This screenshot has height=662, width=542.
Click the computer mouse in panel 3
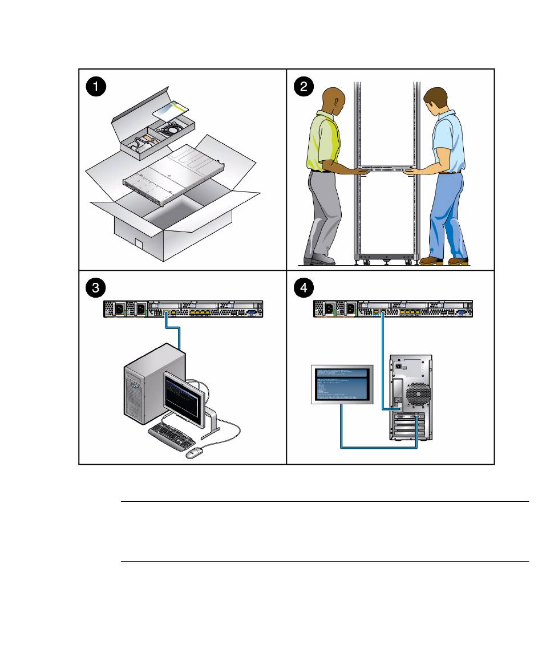click(x=195, y=453)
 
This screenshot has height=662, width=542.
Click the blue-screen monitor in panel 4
click(x=342, y=383)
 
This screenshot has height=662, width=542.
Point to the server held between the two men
click(x=386, y=170)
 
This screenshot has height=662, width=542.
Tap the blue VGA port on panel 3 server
click(x=252, y=312)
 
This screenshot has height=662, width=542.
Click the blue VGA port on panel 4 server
click(x=460, y=312)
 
